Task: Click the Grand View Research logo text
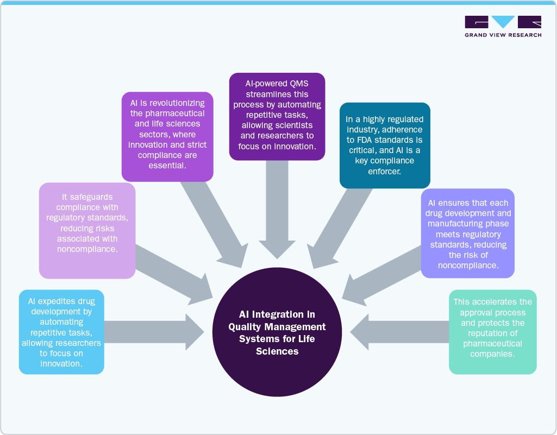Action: [503, 35]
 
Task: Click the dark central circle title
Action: [277, 332]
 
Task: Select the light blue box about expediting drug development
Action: [61, 331]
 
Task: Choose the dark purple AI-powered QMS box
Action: [277, 116]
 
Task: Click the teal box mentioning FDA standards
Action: [384, 145]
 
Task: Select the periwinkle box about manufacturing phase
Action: [467, 234]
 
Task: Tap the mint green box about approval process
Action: [492, 332]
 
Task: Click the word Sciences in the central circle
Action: [277, 351]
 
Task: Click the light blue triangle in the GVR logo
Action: [503, 22]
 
